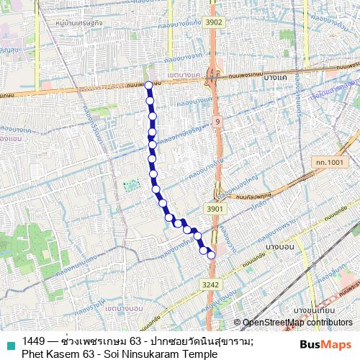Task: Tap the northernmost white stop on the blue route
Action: coord(148,85)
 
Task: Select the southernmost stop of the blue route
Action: coord(211,255)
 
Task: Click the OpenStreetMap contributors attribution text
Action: coord(297,323)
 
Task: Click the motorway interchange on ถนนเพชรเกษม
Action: coord(212,75)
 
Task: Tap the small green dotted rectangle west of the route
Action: coord(130,186)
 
